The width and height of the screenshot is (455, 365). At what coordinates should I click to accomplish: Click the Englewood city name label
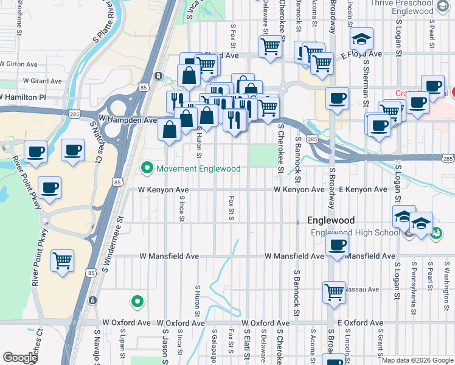tap(331, 220)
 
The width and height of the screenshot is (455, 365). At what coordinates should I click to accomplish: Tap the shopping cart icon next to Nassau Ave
tap(334, 293)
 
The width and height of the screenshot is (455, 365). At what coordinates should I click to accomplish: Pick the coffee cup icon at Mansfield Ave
tap(336, 246)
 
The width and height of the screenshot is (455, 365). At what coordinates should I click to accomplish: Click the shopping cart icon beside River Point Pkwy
tap(63, 261)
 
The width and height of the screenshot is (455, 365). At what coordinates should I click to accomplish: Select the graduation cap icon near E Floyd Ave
tap(361, 40)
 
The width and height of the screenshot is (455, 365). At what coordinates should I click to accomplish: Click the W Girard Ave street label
tap(42, 81)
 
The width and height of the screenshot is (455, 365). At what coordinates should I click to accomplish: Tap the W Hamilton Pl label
tap(23, 97)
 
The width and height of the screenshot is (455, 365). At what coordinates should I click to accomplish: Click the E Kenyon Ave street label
tap(363, 190)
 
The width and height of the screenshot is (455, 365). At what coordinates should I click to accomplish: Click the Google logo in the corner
tap(20, 358)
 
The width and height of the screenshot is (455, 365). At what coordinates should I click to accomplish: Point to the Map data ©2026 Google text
tap(417, 360)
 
